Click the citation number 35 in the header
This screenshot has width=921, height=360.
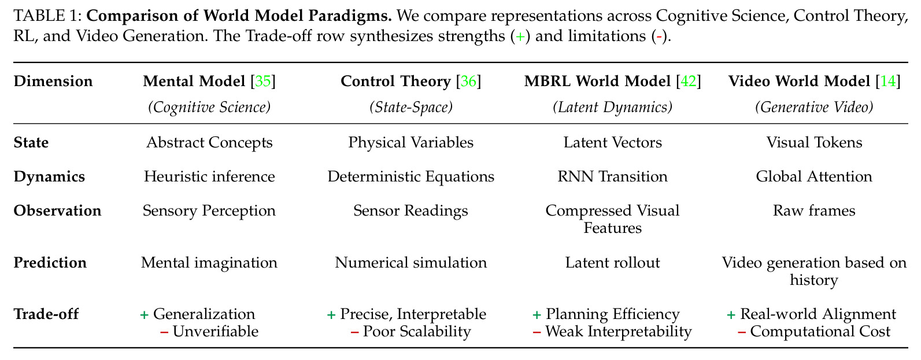pos(263,81)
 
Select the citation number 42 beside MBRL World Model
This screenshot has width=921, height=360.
pos(689,81)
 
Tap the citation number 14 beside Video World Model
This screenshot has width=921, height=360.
pos(888,81)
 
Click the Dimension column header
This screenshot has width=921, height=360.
pos(53,81)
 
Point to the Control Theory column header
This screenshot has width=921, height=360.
pos(395,81)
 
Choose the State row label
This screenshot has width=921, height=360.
pos(31,143)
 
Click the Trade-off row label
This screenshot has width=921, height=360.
pos(46,314)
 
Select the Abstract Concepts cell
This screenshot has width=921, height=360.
pos(209,143)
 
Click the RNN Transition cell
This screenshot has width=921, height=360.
pos(613,177)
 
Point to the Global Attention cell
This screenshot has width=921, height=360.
pos(814,177)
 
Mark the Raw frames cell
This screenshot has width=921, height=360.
pos(814,211)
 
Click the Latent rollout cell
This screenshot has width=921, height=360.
pos(613,262)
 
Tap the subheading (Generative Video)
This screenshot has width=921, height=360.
pos(814,107)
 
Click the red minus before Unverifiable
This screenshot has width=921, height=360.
pos(164,332)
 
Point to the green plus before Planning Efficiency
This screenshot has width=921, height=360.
pos(537,315)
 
